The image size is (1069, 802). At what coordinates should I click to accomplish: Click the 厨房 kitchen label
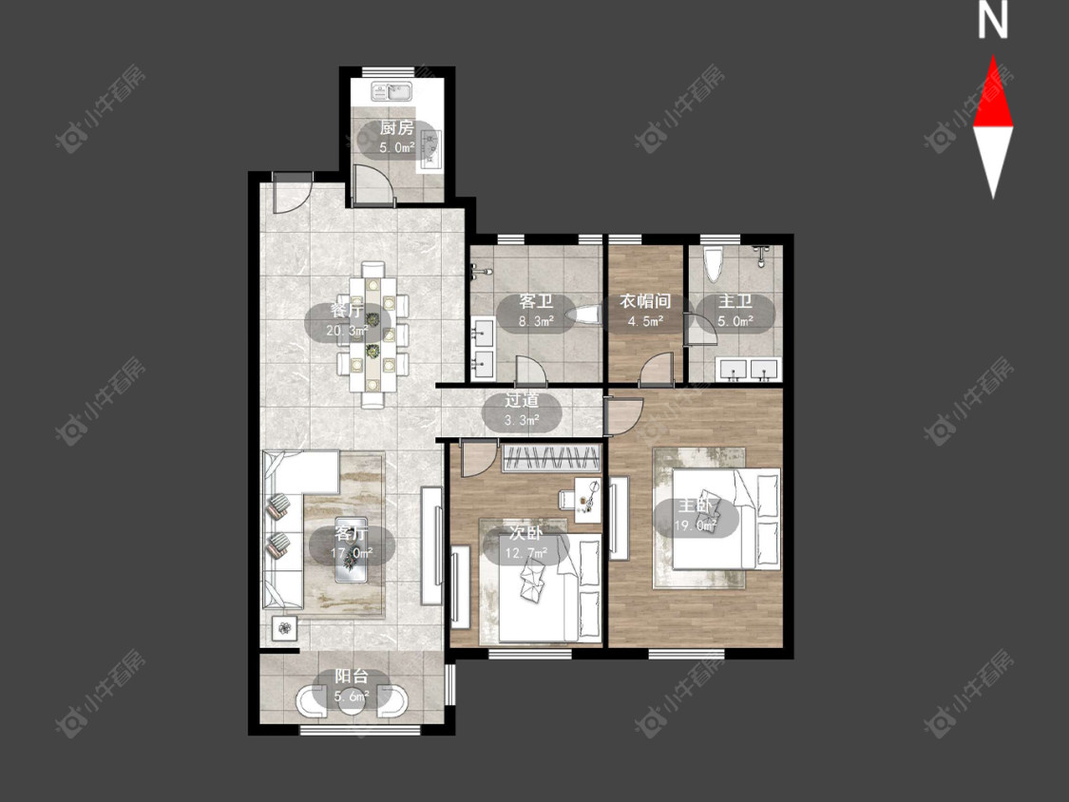point(397,127)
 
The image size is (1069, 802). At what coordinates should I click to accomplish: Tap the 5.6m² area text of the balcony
point(352,697)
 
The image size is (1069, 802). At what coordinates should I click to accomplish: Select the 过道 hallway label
point(522,400)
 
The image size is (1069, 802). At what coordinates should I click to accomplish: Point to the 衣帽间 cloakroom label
point(645,300)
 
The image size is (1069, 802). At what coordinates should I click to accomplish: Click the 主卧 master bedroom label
point(695,506)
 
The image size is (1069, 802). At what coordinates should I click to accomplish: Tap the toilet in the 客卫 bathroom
point(585,315)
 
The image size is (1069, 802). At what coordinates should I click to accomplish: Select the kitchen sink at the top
point(392,90)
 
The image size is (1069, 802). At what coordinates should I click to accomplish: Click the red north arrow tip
point(993,56)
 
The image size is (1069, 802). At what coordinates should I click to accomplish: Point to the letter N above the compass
point(993,20)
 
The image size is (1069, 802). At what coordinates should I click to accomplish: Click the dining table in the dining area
point(372,334)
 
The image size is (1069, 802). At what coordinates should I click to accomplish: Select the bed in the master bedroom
point(725,518)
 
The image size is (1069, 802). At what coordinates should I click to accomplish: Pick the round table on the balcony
point(352,701)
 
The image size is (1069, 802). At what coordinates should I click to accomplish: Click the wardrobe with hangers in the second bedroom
point(551,458)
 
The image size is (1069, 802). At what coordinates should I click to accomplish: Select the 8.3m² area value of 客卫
point(536,321)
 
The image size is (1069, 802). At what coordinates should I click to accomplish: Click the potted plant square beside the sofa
point(285,627)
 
